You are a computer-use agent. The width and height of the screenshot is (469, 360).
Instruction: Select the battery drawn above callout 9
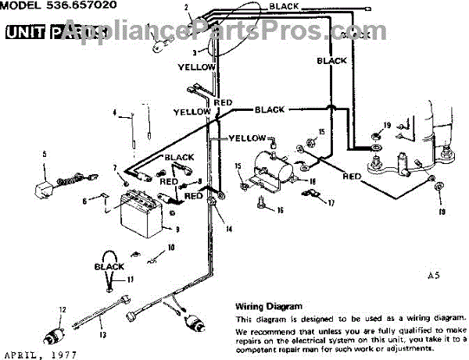144,212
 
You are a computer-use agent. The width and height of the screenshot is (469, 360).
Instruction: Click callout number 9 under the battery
178,230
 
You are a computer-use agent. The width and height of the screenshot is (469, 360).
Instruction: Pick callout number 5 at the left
44,154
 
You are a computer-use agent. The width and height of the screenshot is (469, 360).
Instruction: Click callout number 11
131,279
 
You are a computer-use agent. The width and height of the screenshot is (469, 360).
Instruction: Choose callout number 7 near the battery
114,167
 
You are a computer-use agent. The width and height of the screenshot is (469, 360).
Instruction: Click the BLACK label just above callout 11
109,267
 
